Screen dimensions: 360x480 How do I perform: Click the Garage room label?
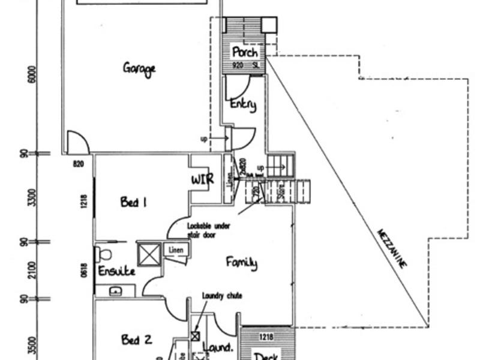(139, 67)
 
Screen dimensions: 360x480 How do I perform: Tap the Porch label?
(244, 52)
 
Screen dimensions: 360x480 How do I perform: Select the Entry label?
(243, 104)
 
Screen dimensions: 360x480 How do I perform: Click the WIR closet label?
(203, 180)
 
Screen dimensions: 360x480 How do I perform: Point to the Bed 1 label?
(133, 202)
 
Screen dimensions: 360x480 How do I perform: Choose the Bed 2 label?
(135, 340)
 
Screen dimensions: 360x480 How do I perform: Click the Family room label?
(242, 262)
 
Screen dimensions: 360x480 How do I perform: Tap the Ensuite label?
(117, 271)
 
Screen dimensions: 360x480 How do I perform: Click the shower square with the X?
(149, 253)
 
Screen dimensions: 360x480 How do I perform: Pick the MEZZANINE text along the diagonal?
(391, 248)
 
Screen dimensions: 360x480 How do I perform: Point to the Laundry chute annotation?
(222, 295)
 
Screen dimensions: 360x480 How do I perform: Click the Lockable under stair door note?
(208, 230)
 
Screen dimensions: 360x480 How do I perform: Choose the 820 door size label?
(79, 163)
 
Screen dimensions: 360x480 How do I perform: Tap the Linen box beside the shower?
(176, 249)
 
